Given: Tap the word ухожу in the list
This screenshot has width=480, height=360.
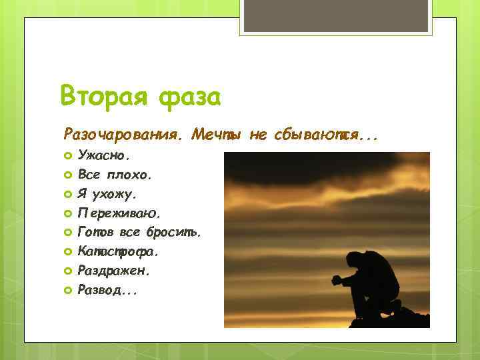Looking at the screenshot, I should tap(117, 195).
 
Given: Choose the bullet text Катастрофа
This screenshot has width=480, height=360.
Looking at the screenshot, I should tap(118, 252).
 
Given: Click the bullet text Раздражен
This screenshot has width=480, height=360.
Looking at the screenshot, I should tap(114, 271).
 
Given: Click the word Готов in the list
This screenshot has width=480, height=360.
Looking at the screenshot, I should tap(96, 233).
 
